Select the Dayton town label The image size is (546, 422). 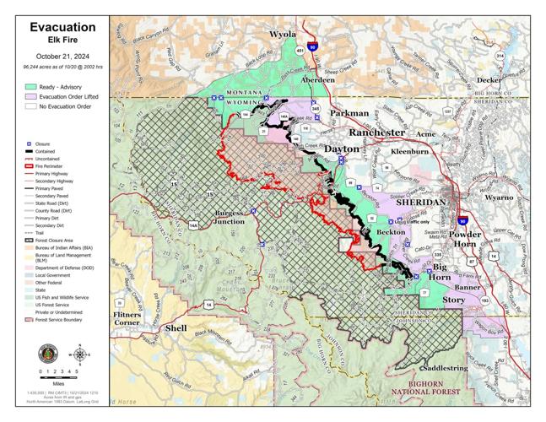coord(343,149)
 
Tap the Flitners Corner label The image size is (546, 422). coord(127,318)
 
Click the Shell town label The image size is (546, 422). coord(176,327)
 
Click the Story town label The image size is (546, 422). coord(453,300)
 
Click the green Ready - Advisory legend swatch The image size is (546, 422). coord(30,87)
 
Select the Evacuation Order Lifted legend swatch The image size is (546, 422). coord(30,97)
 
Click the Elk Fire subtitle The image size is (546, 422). coord(62,41)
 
